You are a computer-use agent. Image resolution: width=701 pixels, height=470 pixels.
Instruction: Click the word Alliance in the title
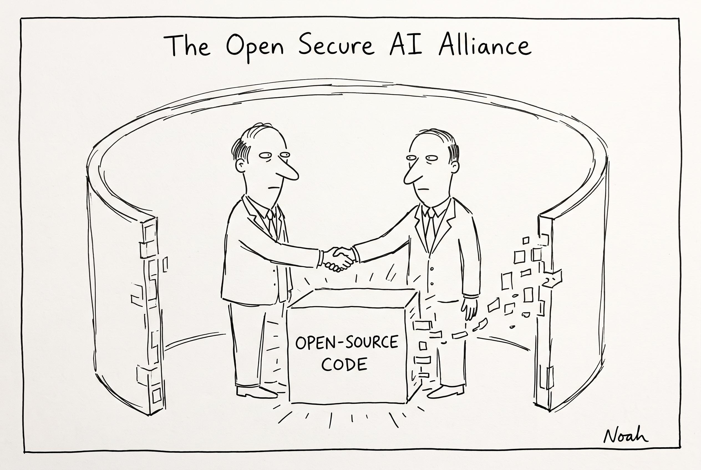[x=485, y=45]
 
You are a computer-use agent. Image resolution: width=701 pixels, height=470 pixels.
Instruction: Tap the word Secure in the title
[x=336, y=45]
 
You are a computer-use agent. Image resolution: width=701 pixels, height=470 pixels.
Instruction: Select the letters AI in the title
[x=406, y=46]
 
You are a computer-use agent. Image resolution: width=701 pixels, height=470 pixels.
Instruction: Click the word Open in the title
[x=254, y=48]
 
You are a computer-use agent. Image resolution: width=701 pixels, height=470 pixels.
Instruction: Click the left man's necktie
[x=272, y=221]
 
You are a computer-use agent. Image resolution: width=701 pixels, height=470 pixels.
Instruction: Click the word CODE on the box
[x=344, y=364]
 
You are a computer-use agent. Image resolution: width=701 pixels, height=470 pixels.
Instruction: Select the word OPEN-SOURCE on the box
[x=347, y=343]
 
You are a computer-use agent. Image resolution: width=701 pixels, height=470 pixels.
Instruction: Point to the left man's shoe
[x=256, y=392]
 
